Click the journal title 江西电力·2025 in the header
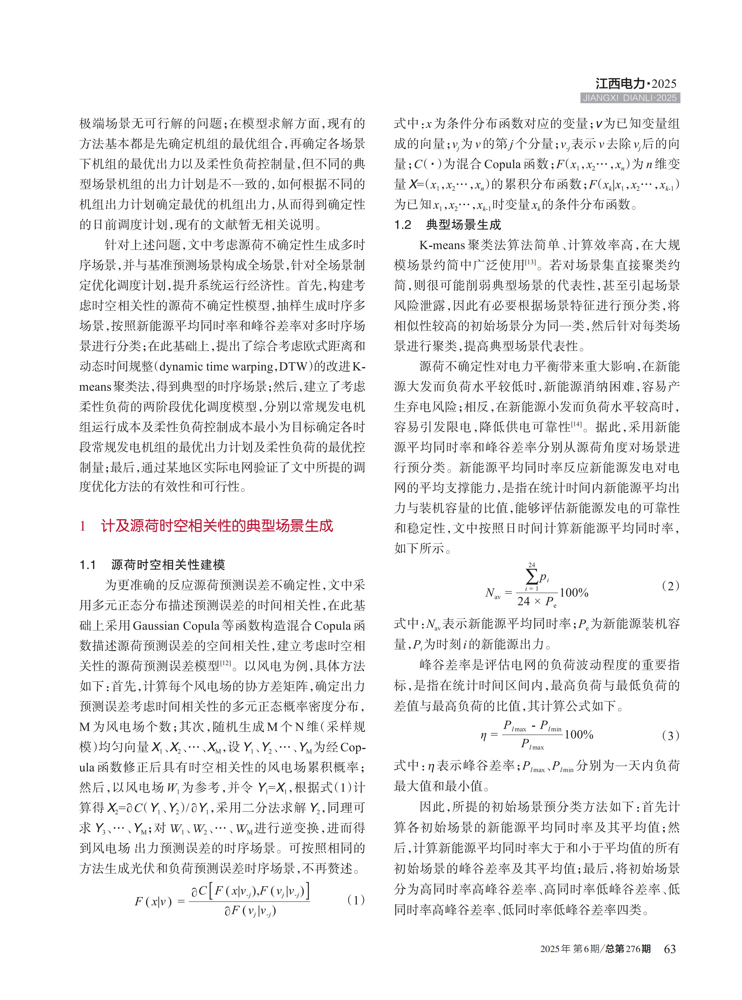point(636,84)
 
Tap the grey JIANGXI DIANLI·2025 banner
point(630,98)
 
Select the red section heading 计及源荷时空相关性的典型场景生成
point(217,526)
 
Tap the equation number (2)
point(671,586)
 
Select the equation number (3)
point(671,735)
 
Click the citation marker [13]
point(530,262)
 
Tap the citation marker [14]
point(576,424)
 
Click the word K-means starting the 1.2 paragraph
point(442,245)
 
